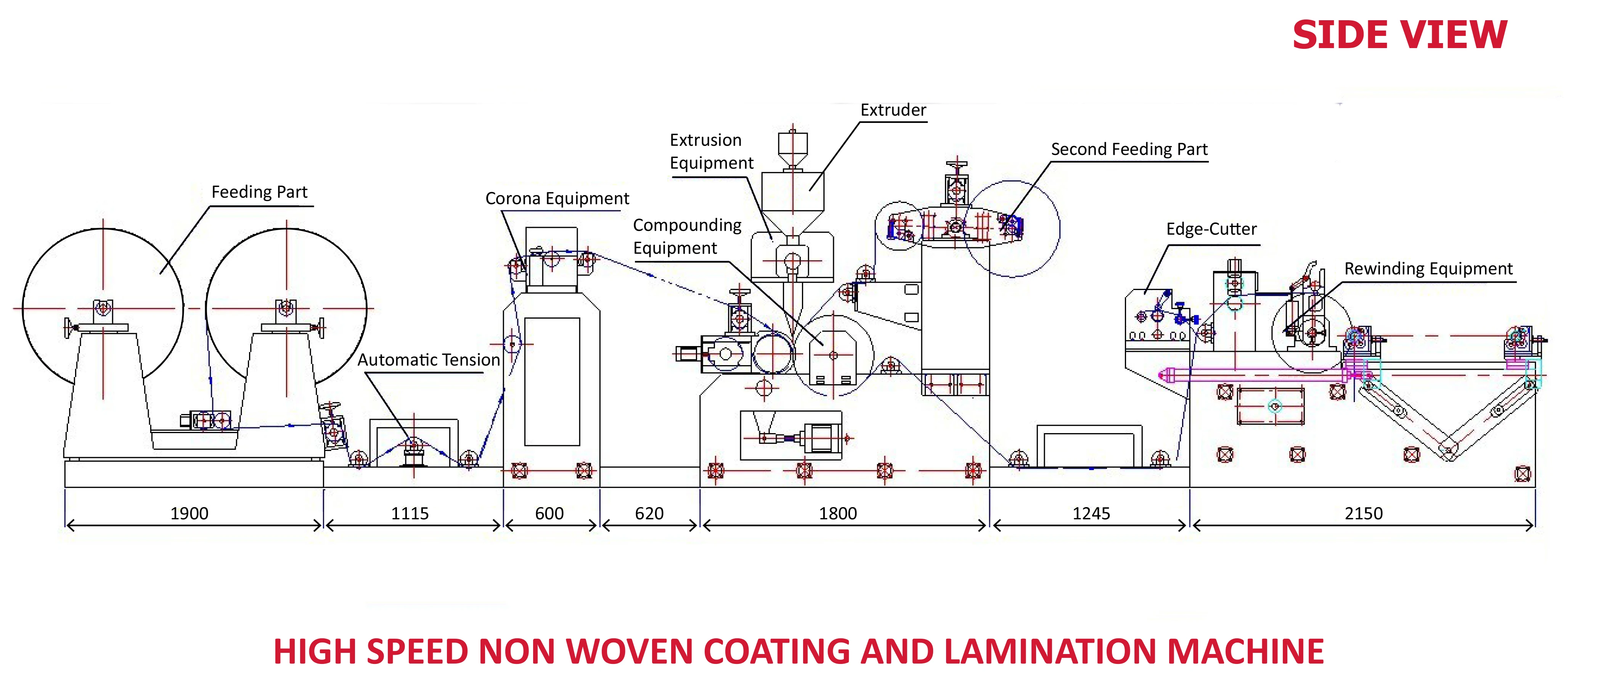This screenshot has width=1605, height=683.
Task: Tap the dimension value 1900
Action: tap(190, 514)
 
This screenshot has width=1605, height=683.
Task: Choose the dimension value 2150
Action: tap(1363, 514)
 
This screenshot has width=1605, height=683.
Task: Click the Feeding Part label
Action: tap(259, 192)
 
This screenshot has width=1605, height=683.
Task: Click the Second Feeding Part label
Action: tap(1129, 150)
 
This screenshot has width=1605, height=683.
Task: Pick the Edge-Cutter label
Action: tap(1211, 229)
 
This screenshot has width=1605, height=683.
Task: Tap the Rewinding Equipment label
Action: tap(1428, 269)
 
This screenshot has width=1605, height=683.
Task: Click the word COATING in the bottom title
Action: tap(776, 652)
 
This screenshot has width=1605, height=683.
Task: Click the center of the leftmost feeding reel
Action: tap(103, 308)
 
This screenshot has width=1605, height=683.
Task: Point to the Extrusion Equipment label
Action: tap(711, 151)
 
